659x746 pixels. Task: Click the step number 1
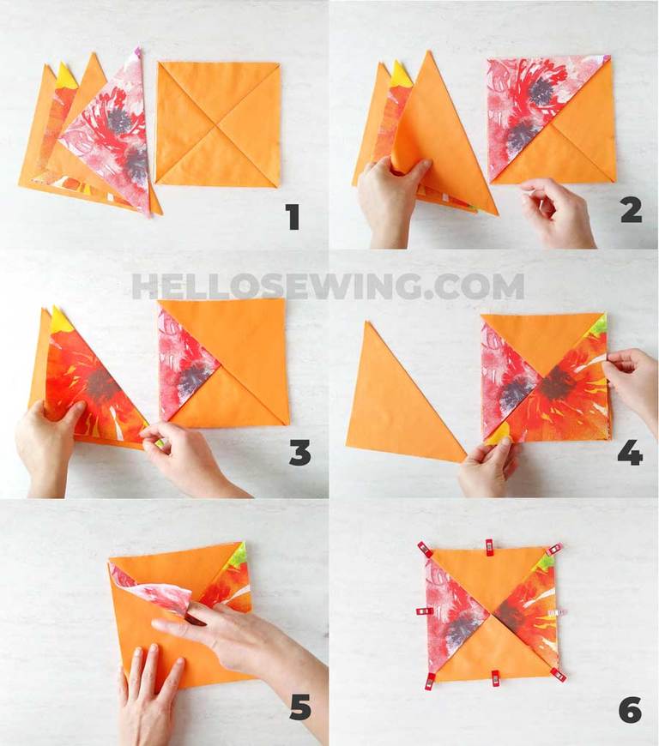pyautogui.click(x=293, y=217)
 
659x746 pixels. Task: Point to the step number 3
pyautogui.click(x=300, y=452)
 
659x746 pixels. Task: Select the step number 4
pyautogui.click(x=630, y=452)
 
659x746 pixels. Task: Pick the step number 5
pyautogui.click(x=300, y=707)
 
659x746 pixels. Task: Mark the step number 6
pyautogui.click(x=631, y=711)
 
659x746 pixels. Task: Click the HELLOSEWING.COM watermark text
pyautogui.click(x=328, y=286)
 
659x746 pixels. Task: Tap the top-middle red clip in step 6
pyautogui.click(x=489, y=548)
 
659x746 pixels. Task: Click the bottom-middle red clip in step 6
pyautogui.click(x=496, y=679)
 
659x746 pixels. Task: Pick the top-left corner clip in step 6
pyautogui.click(x=425, y=550)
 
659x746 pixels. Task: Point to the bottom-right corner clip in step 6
pyautogui.click(x=559, y=675)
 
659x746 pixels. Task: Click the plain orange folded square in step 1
pyautogui.click(x=218, y=124)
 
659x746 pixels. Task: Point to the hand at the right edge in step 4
pyautogui.click(x=633, y=385)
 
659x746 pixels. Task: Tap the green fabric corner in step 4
pyautogui.click(x=599, y=325)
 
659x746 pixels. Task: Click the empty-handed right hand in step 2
pyautogui.click(x=557, y=214)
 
